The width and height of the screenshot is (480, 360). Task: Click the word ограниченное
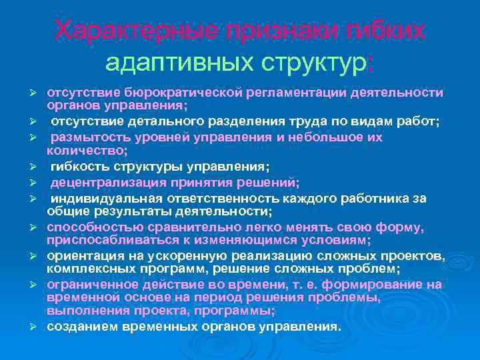[x=87, y=284]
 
